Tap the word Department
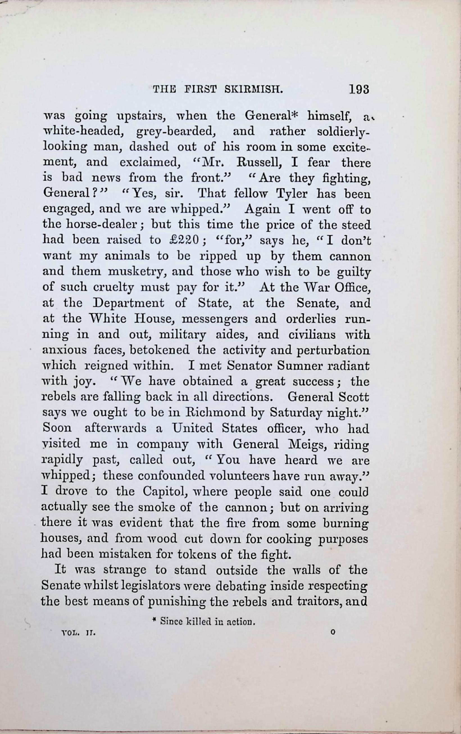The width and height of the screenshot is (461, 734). pos(129,303)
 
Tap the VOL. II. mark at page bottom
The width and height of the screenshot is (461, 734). pos(78,633)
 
